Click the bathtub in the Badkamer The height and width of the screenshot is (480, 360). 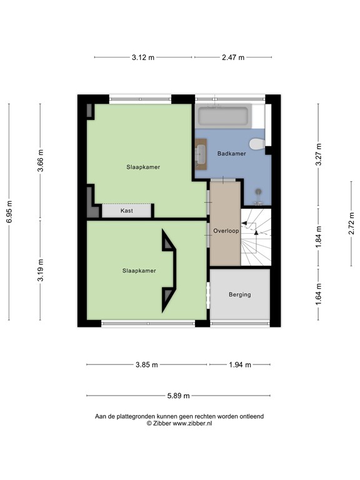click(x=223, y=116)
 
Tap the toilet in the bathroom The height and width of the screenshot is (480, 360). click(x=257, y=144)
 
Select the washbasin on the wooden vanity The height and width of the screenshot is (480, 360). click(x=201, y=154)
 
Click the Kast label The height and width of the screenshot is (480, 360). click(x=127, y=211)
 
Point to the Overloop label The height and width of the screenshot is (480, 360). click(x=226, y=231)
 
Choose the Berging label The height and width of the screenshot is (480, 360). click(x=240, y=294)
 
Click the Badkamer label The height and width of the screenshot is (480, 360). click(x=231, y=153)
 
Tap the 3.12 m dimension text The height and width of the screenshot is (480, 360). click(x=143, y=57)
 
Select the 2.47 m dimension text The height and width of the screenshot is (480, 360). click(x=233, y=57)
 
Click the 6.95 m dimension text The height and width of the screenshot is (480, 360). click(x=9, y=212)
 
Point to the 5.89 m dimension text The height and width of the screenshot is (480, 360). click(x=178, y=396)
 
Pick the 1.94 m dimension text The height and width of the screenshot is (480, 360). click(x=240, y=364)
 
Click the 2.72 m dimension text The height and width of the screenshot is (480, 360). click(x=351, y=224)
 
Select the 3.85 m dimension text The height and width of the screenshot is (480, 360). click(x=147, y=364)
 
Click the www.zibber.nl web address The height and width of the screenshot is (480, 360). click(x=192, y=423)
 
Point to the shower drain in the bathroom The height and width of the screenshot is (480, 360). click(x=259, y=192)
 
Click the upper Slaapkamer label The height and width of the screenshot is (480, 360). click(x=143, y=167)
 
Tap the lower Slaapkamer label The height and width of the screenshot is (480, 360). click(x=139, y=271)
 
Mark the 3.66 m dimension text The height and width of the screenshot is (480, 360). click(x=41, y=161)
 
